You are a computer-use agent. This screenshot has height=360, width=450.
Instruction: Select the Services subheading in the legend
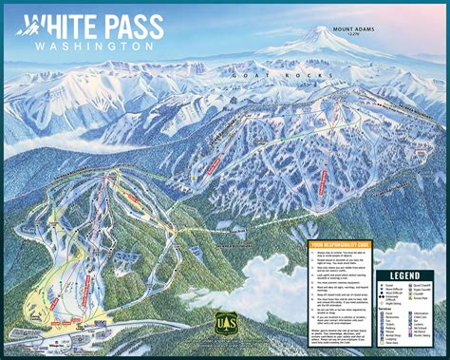pyautogui.click(x=384, y=309)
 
